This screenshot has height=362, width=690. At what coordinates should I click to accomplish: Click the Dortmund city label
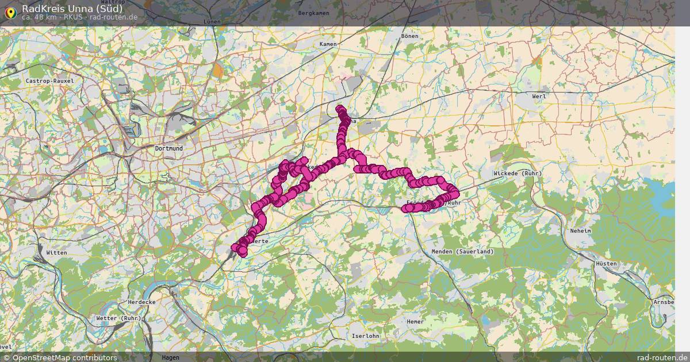pos(168,148)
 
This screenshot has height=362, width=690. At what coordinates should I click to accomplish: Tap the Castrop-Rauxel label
pos(50,81)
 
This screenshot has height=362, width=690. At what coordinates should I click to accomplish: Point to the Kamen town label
pos(328,44)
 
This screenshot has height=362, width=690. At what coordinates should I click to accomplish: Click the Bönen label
pos(410,36)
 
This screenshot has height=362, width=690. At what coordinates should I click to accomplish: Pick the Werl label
pos(539,96)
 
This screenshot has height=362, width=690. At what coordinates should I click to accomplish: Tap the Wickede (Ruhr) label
pos(517,173)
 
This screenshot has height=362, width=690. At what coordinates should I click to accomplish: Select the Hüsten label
pos(607,264)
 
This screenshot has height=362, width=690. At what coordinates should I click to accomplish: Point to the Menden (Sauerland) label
pos(458,252)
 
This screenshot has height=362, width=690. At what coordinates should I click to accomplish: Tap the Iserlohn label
pos(365,336)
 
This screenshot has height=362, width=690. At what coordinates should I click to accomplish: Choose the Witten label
pos(57,253)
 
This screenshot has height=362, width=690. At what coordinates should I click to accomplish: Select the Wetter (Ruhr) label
pos(118,318)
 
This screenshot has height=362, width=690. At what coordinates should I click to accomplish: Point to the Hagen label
pos(171,357)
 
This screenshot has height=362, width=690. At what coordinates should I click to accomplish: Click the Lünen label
pos(212,21)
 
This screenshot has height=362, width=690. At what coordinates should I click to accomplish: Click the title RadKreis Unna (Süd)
pos(72,8)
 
